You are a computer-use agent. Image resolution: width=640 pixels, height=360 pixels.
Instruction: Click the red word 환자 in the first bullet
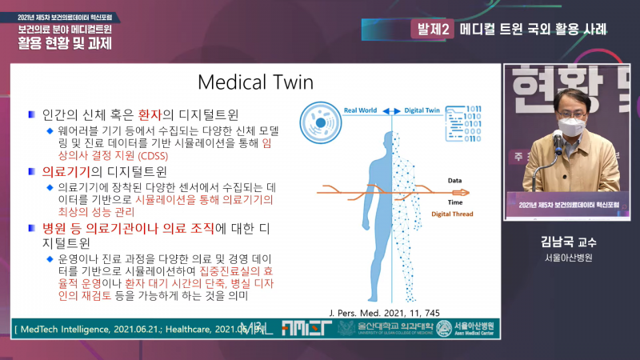coord(150,114)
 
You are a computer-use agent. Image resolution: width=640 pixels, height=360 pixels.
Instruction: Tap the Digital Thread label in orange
coord(454,214)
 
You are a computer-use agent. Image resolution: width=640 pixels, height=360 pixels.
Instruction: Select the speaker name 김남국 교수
coord(563,242)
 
